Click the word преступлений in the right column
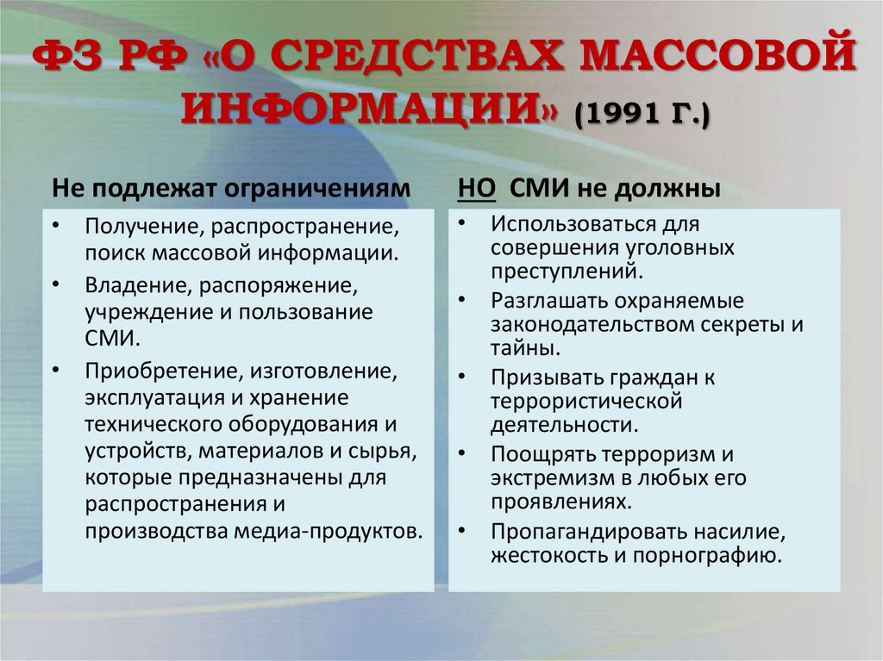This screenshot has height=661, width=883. point(566,271)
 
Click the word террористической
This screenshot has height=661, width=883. point(586,401)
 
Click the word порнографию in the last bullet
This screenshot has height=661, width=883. point(707,554)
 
